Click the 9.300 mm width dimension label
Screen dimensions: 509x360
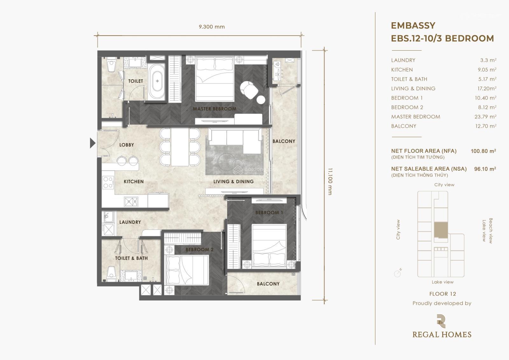tap(212, 27)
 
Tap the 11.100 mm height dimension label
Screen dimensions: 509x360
tap(330, 181)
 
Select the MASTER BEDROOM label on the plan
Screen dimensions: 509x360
tap(214, 109)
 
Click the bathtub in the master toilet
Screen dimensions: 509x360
tap(157, 81)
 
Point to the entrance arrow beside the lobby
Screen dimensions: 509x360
tap(93, 143)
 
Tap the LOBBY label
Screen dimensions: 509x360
tap(127, 145)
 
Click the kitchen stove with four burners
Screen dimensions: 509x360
tap(108, 183)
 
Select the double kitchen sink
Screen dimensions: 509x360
tap(131, 202)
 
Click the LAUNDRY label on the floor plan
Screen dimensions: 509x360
tap(130, 222)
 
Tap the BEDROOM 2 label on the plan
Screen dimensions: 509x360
tap(199, 250)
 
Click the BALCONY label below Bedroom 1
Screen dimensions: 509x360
tap(268, 284)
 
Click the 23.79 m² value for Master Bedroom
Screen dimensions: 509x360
tap(485, 117)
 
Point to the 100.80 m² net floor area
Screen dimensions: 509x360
tap(483, 151)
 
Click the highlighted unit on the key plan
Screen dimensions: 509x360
tap(441, 230)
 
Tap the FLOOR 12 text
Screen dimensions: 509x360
tap(443, 294)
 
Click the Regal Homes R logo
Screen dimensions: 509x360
tap(441, 321)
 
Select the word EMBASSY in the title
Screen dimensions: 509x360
tap(413, 25)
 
